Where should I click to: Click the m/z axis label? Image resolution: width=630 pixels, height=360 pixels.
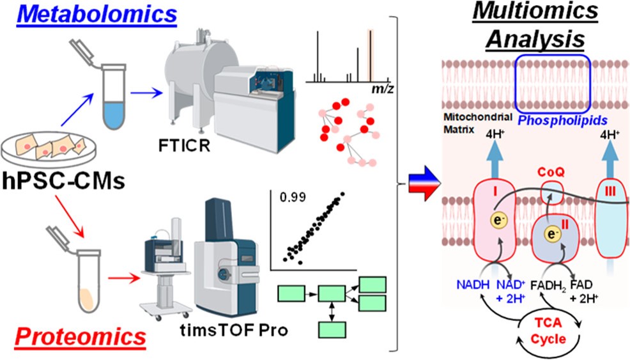pos(381,90)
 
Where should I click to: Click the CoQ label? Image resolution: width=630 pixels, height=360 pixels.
pos(551,172)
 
